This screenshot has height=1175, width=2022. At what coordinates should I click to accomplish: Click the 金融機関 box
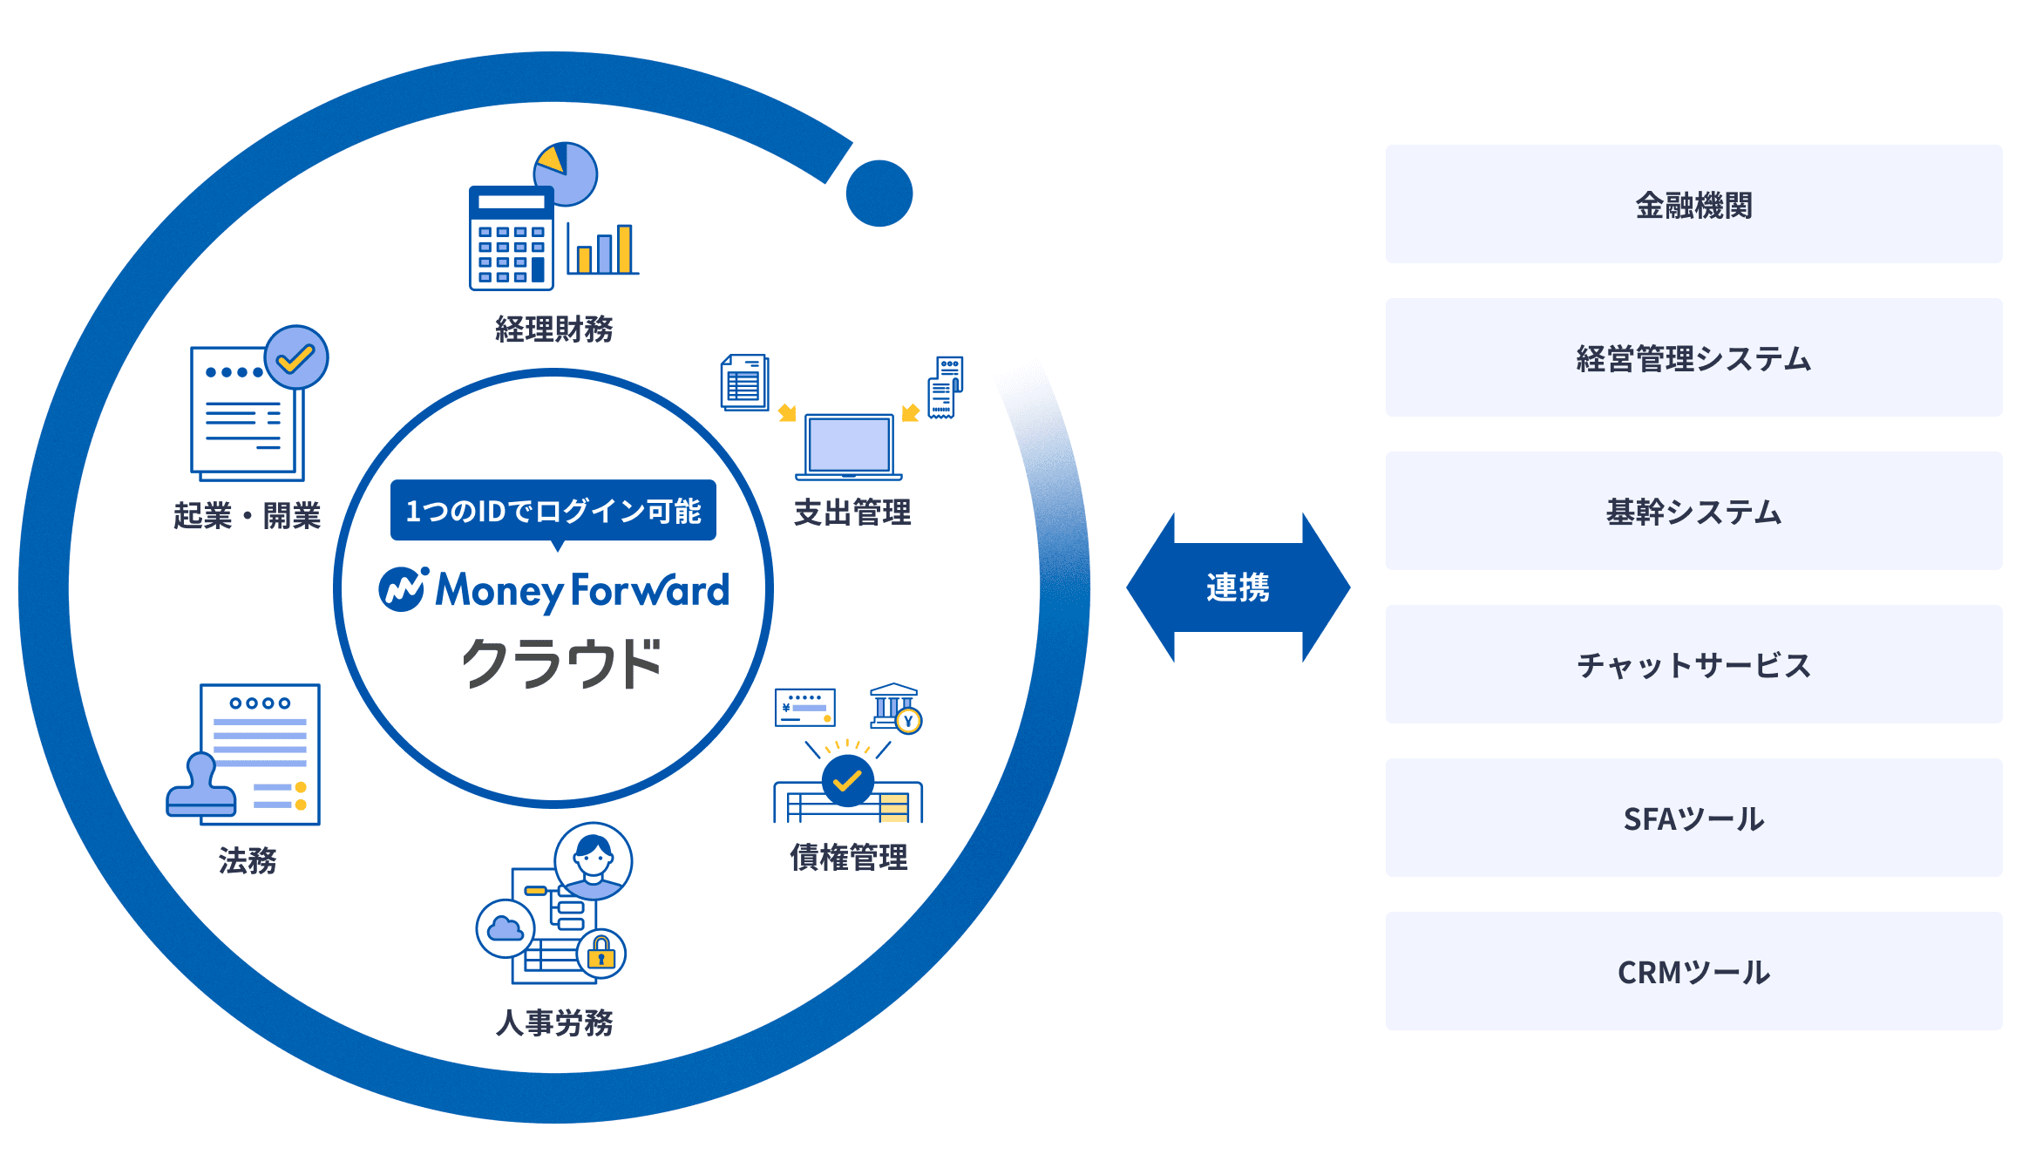pyautogui.click(x=1693, y=204)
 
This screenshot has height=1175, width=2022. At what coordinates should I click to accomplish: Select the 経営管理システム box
pyautogui.click(x=1693, y=357)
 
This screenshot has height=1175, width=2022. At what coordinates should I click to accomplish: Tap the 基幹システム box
pyautogui.click(x=1693, y=511)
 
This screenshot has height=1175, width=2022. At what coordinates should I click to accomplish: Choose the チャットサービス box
pyautogui.click(x=1693, y=664)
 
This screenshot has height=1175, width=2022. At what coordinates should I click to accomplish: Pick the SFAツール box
pyautogui.click(x=1693, y=818)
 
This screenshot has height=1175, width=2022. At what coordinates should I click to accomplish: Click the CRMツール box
pyautogui.click(x=1693, y=971)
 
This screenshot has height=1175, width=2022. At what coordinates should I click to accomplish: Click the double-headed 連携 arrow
pyautogui.click(x=1238, y=587)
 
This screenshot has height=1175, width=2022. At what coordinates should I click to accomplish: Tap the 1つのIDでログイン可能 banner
pyautogui.click(x=553, y=510)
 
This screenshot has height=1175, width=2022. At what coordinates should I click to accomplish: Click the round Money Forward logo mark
pyautogui.click(x=403, y=590)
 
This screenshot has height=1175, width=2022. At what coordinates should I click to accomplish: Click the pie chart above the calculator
pyautogui.click(x=566, y=173)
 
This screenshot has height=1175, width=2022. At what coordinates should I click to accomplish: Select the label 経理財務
pyautogui.click(x=553, y=329)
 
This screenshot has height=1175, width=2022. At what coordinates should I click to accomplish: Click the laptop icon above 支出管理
pyautogui.click(x=849, y=446)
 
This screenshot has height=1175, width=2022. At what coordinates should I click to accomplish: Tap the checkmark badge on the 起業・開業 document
pyautogui.click(x=296, y=357)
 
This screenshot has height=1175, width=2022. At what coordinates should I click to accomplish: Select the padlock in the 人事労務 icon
pyautogui.click(x=601, y=954)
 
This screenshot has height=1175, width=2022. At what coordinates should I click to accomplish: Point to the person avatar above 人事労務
pyautogui.click(x=594, y=860)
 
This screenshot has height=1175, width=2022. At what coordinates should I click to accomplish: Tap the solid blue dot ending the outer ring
pyautogui.click(x=879, y=194)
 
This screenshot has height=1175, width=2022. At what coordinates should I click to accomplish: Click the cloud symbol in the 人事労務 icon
pyautogui.click(x=505, y=929)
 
